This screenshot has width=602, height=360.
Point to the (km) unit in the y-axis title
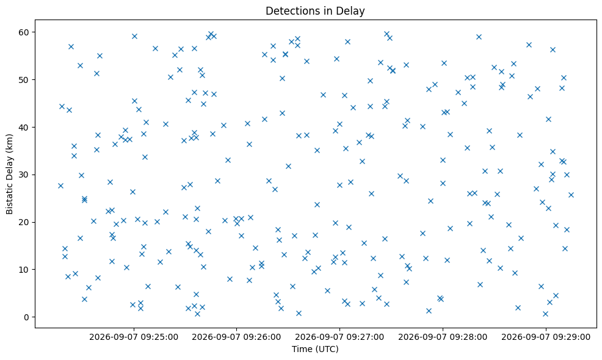click(10, 143)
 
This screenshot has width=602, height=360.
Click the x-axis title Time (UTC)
click(315, 349)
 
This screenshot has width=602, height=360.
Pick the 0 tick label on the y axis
click(26, 317)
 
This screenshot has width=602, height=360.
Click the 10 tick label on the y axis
click(24, 270)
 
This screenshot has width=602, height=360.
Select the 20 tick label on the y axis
click(24, 222)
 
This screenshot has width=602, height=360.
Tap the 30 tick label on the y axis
click(24, 175)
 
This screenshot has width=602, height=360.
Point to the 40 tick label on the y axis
click(24, 127)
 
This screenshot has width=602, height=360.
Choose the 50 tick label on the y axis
click(24, 80)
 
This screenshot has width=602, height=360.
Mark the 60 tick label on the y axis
click(24, 32)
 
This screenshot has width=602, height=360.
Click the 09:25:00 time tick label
click(134, 337)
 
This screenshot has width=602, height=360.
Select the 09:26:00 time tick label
click(236, 337)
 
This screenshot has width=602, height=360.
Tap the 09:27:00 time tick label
click(339, 337)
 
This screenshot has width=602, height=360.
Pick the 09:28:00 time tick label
click(443, 337)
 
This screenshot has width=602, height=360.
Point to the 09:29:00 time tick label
click(546, 337)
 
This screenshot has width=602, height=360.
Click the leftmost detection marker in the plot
click(60, 185)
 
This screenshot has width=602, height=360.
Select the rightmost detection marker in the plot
click(571, 195)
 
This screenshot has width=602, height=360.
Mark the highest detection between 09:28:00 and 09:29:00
click(479, 37)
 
